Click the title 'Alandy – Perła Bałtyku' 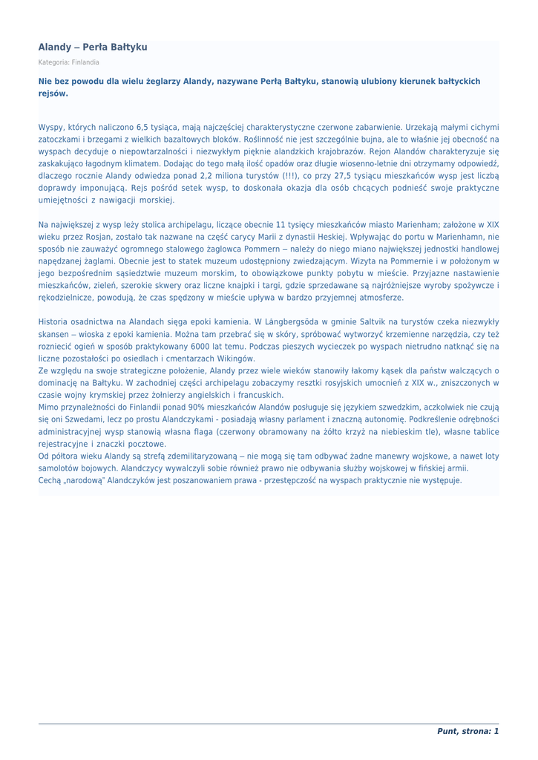click(93, 47)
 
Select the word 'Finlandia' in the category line click(85, 62)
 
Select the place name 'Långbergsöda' click(296, 322)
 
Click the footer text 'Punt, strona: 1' click(468, 732)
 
